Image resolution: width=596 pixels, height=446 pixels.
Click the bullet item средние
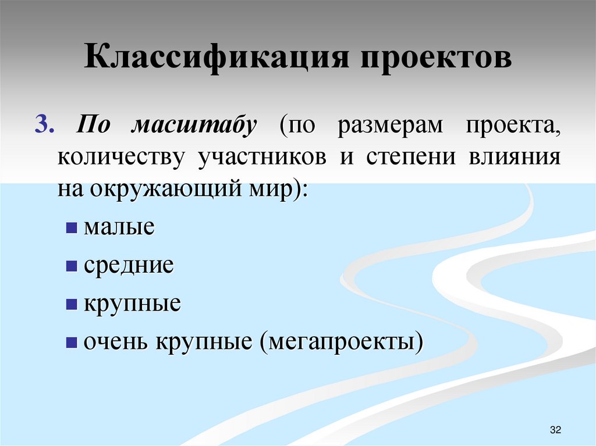click(x=129, y=266)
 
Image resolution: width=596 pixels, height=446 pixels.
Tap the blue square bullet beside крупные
click(x=72, y=304)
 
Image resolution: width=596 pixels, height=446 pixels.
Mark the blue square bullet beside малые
click(x=72, y=227)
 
